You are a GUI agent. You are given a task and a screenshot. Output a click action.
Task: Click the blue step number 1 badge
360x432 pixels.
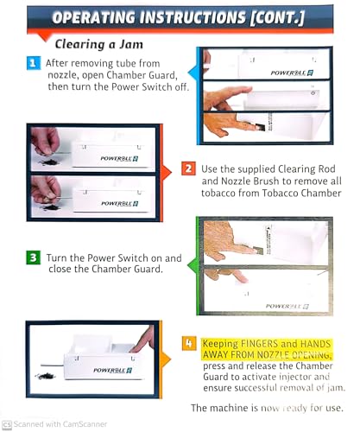coord(34,63)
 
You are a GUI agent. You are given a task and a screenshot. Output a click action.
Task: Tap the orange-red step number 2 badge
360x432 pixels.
coord(188,168)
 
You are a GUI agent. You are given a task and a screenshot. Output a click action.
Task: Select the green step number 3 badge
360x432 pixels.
coord(34,257)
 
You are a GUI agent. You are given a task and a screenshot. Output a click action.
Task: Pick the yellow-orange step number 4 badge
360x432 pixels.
coord(189,343)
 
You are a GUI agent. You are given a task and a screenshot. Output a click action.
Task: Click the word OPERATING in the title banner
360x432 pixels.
coord(93,17)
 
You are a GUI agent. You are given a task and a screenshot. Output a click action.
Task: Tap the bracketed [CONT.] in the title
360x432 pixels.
coord(277,17)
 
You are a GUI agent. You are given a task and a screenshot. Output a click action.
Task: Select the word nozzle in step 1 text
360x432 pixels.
coord(62,75)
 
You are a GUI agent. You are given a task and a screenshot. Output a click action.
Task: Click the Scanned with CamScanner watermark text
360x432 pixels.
coord(60,424)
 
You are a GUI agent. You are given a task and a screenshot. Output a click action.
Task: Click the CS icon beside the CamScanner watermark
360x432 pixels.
coord(7,424)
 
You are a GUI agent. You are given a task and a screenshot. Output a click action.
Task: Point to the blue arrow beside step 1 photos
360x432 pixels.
coord(193,73)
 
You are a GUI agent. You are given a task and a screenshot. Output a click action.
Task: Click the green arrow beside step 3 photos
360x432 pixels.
coord(193,265)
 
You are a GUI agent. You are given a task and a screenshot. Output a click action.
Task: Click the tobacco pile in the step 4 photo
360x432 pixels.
coord(46,376)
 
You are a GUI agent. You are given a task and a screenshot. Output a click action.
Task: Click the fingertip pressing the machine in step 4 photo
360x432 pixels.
coord(136,348)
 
